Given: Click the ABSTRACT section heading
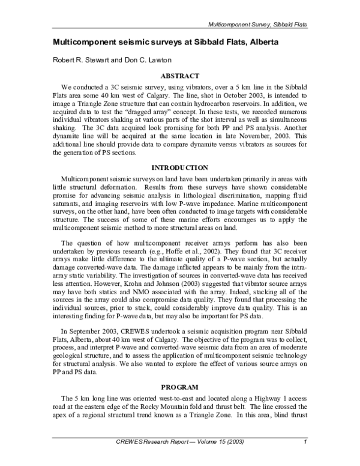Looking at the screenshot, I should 180,77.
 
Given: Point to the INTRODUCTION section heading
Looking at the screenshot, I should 180,168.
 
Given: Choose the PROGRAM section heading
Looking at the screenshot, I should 180,386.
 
